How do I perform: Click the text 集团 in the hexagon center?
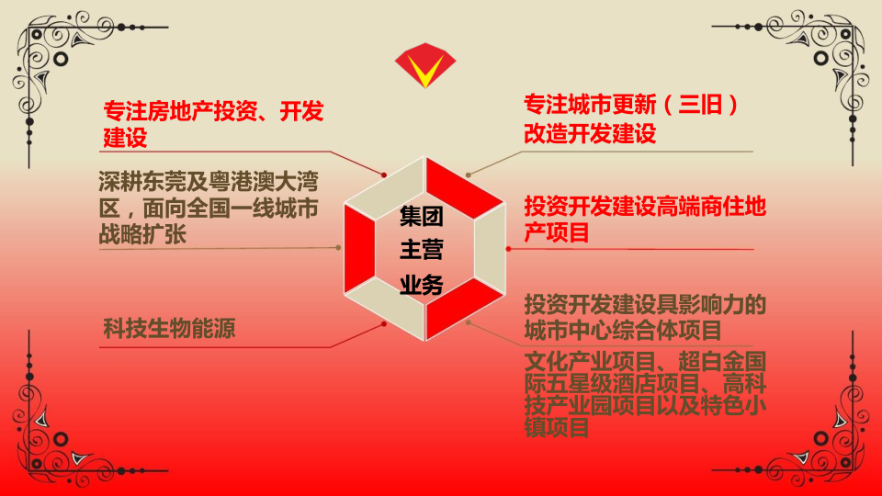(422, 217)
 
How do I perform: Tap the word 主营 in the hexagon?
(422, 250)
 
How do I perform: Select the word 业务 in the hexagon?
(422, 285)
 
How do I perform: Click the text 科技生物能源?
(169, 329)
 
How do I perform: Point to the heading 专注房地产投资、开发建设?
(213, 124)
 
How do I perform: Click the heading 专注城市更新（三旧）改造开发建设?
(630, 118)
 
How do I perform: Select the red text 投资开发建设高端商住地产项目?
(645, 220)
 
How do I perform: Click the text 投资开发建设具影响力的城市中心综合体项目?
(645, 317)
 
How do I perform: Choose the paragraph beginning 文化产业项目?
(645, 394)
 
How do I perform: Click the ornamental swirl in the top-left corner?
(67, 61)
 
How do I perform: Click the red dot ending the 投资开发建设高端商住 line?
(508, 249)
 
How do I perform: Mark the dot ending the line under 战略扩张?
(338, 247)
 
